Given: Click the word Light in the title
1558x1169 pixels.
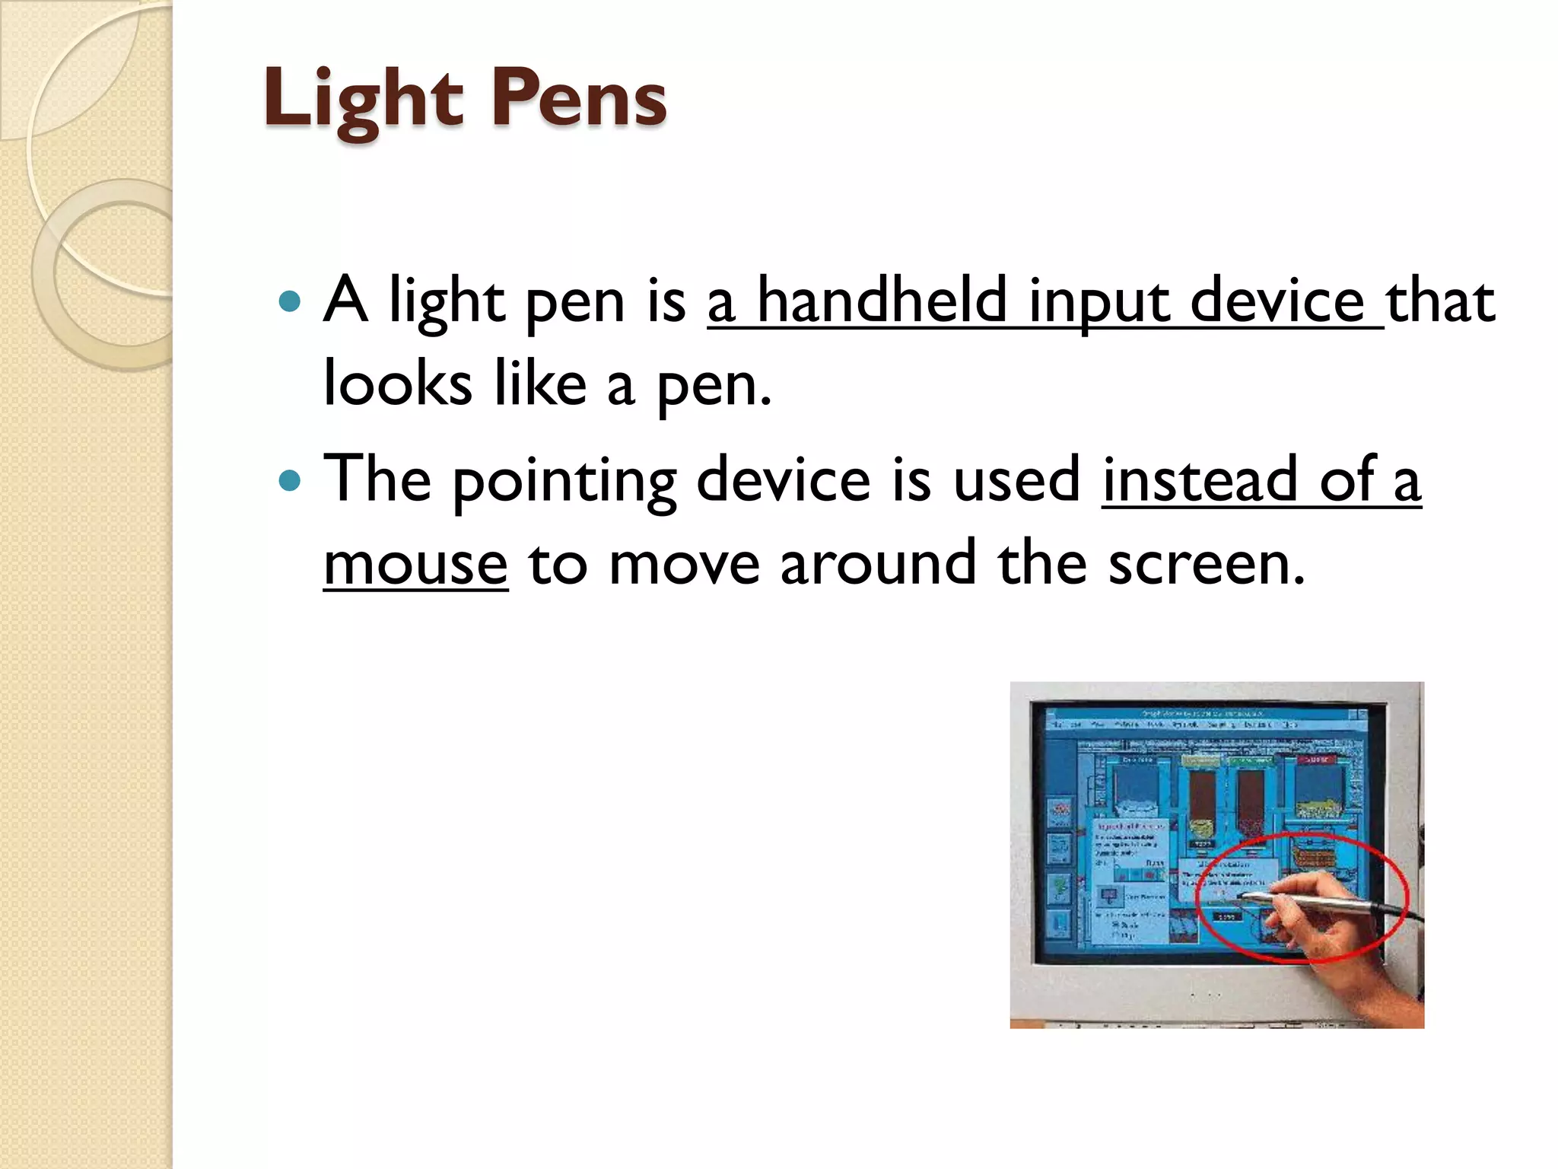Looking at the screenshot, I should [x=363, y=99].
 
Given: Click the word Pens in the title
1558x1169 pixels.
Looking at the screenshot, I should [x=578, y=99].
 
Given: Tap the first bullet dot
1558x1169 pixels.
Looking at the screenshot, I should [x=290, y=301].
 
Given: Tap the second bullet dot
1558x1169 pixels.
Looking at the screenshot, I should [x=290, y=480].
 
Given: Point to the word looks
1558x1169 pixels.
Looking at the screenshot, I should [x=398, y=384].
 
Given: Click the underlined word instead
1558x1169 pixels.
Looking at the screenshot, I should [x=1199, y=480].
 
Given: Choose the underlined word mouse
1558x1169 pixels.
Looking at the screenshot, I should [x=415, y=564].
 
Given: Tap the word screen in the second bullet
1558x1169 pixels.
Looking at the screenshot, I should [x=1206, y=564].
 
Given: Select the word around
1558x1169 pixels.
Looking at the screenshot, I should [x=878, y=564].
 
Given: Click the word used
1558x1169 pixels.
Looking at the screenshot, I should [x=1016, y=480].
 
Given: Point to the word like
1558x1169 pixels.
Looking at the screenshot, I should [x=540, y=384].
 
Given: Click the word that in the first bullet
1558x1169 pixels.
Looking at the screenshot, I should [x=1440, y=301].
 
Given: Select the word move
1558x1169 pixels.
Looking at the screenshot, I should [x=685, y=564].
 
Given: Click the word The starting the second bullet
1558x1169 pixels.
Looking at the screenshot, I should [x=377, y=480].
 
